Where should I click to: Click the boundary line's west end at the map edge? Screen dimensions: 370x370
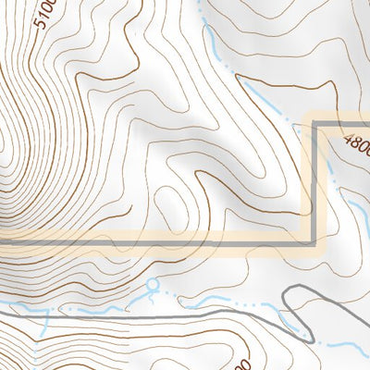pyautogui.click(x=2, y=243)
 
